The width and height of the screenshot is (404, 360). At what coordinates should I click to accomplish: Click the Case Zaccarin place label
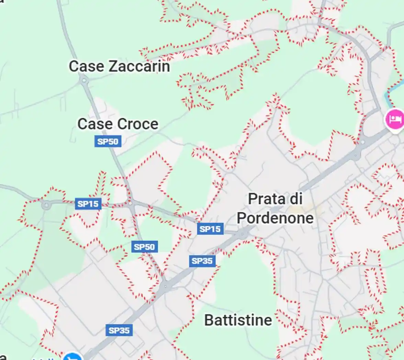pyautogui.click(x=119, y=66)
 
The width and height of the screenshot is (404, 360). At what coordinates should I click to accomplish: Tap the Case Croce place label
pyautogui.click(x=118, y=124)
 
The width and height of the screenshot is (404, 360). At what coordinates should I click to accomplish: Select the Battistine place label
pyautogui.click(x=238, y=320)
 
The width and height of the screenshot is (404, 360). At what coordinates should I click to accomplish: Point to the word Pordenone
pyautogui.click(x=275, y=218)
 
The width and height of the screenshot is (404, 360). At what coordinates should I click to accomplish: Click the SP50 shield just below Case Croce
pyautogui.click(x=108, y=141)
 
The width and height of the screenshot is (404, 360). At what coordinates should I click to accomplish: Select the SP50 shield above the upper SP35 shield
pyautogui.click(x=145, y=247)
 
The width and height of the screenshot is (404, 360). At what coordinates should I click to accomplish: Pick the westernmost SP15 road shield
pyautogui.click(x=88, y=204)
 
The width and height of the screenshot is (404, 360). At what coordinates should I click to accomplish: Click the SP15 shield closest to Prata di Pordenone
pyautogui.click(x=210, y=229)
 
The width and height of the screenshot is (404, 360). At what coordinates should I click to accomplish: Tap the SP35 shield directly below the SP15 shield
pyautogui.click(x=202, y=261)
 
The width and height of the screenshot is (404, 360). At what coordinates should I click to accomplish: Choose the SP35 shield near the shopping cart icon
pyautogui.click(x=119, y=331)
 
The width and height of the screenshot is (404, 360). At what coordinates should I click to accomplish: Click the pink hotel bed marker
pyautogui.click(x=395, y=119)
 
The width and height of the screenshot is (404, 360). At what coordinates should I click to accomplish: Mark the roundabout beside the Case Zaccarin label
pyautogui.click(x=83, y=81)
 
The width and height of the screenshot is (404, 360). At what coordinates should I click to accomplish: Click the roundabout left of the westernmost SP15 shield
pyautogui.click(x=46, y=205)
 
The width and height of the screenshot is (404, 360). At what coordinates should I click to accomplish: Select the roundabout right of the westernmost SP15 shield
pyautogui.click(x=130, y=203)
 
